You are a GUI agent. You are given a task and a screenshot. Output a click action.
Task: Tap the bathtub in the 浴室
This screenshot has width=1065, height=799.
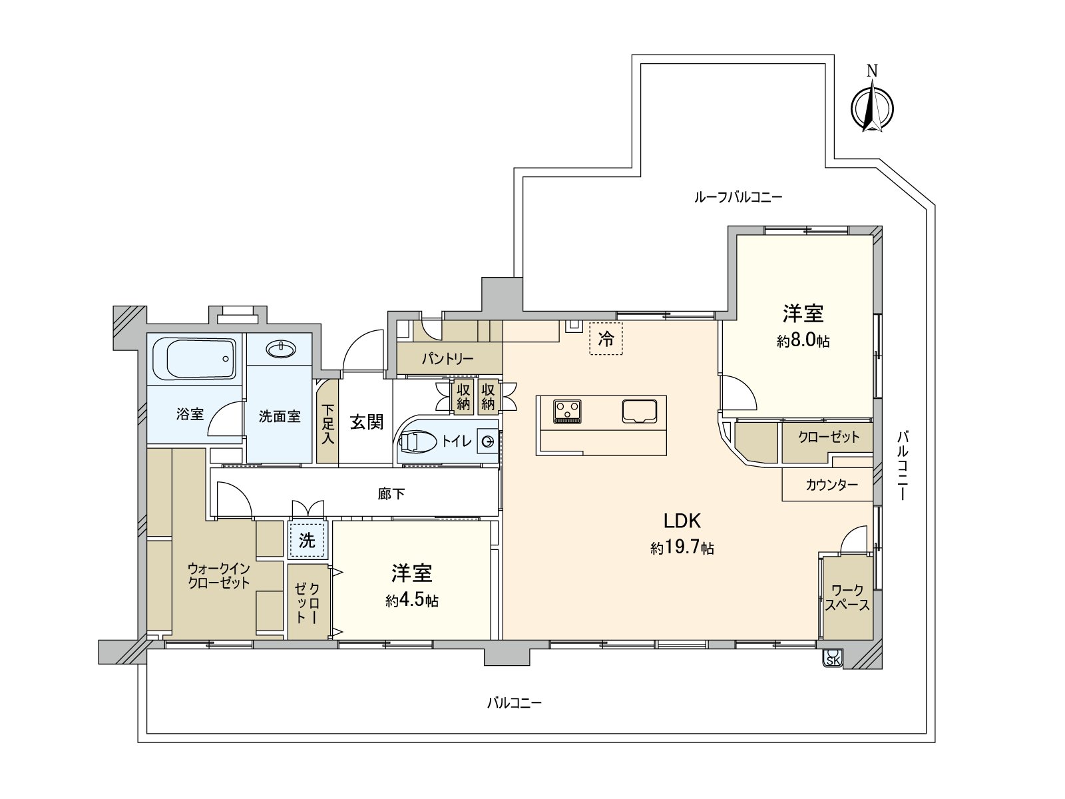coord(194,359)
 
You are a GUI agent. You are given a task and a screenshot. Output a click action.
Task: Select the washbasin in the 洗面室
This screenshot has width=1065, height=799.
coord(280,349)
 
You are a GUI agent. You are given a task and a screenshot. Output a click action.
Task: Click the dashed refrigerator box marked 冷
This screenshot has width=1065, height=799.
coord(606,339)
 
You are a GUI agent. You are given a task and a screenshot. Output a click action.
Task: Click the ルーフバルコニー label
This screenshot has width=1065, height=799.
coord(738,198)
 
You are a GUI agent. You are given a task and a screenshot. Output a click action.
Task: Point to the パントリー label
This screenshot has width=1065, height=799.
coord(447,359)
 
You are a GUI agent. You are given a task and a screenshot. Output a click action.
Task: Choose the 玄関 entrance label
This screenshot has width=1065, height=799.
coord(367,421)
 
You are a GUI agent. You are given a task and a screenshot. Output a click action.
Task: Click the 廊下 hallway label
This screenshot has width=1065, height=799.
coord(391,494)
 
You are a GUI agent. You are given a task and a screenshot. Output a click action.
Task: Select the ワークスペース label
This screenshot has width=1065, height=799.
coord(847,598)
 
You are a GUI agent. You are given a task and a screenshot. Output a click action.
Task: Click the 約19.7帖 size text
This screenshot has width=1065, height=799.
coord(682,549)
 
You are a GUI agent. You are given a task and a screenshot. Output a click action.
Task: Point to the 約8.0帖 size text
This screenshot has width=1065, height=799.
coord(803,340)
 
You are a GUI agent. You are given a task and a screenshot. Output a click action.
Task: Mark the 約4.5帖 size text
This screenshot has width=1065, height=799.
coord(412,601)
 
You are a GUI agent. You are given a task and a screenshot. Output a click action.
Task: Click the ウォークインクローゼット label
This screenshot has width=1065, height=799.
coord(219,575)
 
